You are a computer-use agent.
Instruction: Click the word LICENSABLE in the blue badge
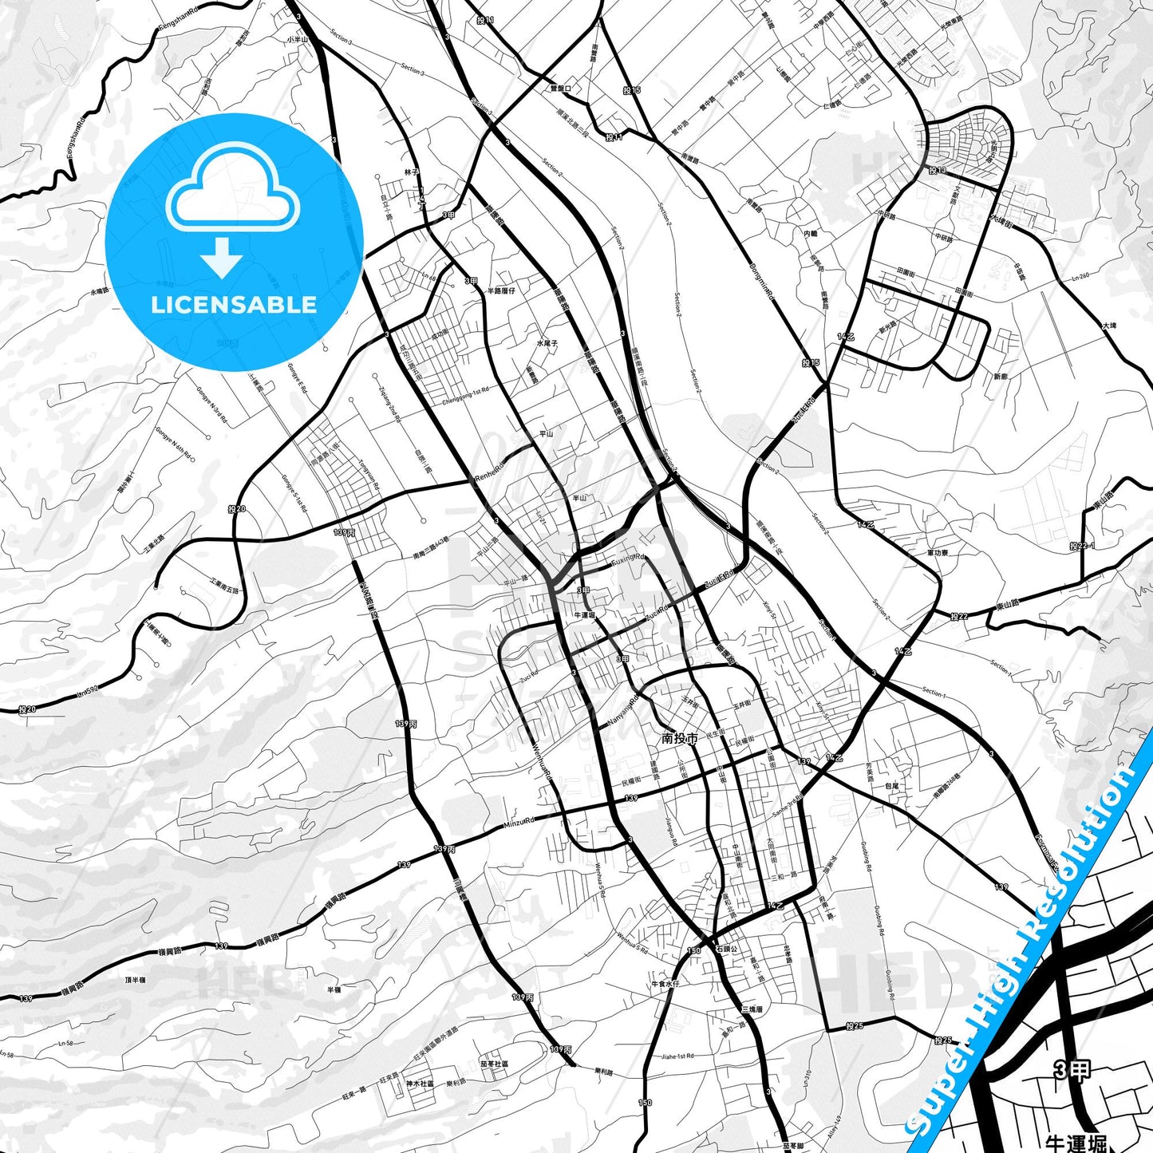click(234, 305)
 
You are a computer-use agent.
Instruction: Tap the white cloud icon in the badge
click(232, 188)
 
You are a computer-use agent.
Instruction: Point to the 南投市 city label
click(680, 739)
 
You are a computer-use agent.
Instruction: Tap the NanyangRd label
click(623, 713)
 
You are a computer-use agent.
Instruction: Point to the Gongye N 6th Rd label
click(174, 445)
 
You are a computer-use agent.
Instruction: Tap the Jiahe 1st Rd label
click(677, 1056)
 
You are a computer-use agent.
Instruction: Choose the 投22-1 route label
click(1081, 546)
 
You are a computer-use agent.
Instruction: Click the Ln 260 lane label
click(1080, 277)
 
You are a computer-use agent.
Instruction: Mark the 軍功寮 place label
click(938, 552)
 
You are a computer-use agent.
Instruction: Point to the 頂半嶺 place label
click(136, 980)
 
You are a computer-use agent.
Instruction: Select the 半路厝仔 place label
click(501, 290)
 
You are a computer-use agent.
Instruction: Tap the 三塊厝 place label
click(752, 1009)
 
